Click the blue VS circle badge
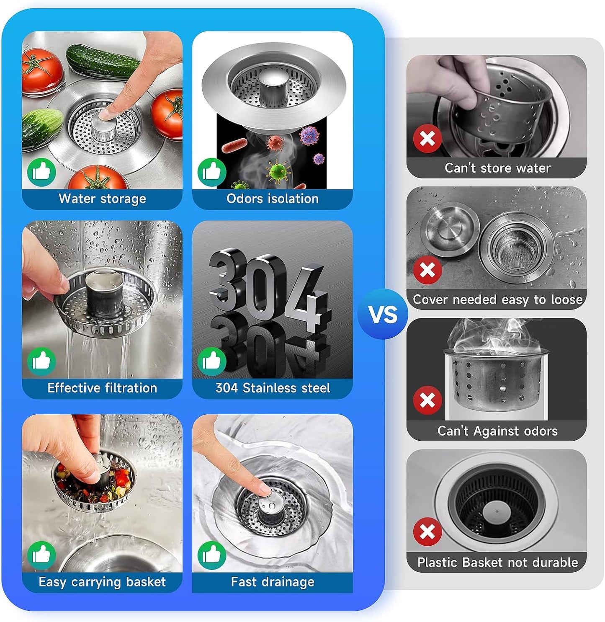[x=382, y=314]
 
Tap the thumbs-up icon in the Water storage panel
[x=41, y=172]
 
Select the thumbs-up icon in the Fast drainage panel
[x=212, y=555]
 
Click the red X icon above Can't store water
[x=427, y=139]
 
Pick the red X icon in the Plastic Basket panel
[x=427, y=532]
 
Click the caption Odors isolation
[x=273, y=199]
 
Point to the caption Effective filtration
[x=102, y=388]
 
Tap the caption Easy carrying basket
[x=102, y=582]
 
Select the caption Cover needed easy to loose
[x=497, y=299]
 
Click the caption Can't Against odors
[x=497, y=431]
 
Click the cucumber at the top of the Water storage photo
[x=103, y=62]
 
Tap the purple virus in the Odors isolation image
[x=309, y=135]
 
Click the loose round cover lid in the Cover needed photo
[x=450, y=229]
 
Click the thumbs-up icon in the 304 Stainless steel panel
[x=212, y=361]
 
